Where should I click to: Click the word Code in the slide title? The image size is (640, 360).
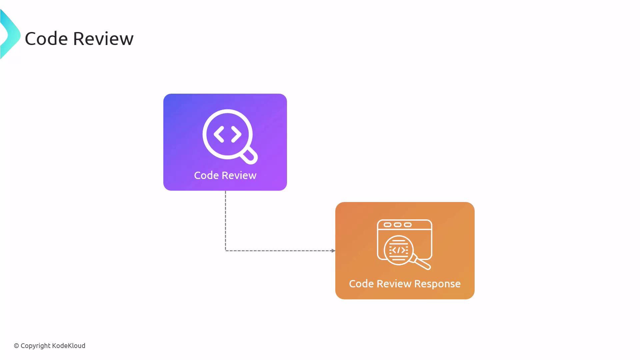point(46,38)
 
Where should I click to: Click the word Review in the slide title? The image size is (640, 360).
point(103,38)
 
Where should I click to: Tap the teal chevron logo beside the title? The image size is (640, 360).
point(10,34)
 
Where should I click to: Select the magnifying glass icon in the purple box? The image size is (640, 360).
point(230,137)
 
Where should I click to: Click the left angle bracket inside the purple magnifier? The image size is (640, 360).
point(219,134)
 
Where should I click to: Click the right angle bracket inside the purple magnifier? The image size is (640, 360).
point(236,134)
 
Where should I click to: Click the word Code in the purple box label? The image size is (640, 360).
point(206,175)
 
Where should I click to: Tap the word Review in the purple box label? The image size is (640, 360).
point(239,175)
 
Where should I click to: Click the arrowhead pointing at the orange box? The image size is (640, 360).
point(333,251)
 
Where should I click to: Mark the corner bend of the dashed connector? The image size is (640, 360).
point(226,251)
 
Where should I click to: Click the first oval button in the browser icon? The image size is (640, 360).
point(387,225)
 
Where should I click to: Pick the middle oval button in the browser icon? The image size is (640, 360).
point(398,225)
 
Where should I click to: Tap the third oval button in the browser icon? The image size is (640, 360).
point(408,225)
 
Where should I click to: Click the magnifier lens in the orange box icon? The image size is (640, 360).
point(399,250)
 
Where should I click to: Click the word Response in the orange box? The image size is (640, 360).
point(437,284)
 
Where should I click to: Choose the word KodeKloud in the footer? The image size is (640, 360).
point(69,346)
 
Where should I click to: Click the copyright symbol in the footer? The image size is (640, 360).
point(16,346)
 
